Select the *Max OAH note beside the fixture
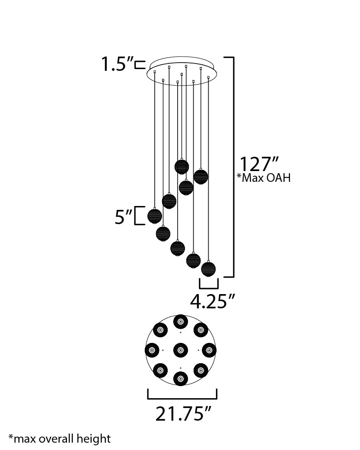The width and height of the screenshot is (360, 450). click(x=263, y=178)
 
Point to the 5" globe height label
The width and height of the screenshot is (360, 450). click(x=123, y=217)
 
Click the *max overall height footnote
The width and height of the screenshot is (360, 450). click(x=60, y=439)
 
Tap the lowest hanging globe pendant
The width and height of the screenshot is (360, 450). click(x=208, y=269)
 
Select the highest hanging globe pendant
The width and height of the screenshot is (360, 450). click(x=182, y=167)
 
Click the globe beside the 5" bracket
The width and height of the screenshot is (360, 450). click(x=155, y=215)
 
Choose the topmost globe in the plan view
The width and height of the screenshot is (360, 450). click(x=180, y=322)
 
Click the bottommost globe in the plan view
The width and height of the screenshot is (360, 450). click(x=180, y=378)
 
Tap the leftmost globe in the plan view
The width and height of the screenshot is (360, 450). click(x=152, y=350)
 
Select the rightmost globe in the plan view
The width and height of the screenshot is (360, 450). click(x=209, y=350)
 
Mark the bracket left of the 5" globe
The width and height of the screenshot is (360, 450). click(x=137, y=216)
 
